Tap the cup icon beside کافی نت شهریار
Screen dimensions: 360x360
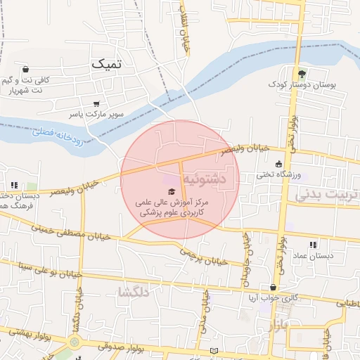point(26,70)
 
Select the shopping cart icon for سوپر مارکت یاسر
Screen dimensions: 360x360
point(96,103)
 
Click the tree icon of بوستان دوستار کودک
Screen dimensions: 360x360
point(302,73)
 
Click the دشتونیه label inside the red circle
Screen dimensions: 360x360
point(205,179)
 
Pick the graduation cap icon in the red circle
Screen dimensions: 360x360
point(172,191)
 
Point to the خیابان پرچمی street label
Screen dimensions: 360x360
point(203,256)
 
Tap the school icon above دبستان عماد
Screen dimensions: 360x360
point(313,245)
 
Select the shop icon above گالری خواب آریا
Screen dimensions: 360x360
point(273,287)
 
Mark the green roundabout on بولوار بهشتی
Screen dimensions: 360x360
point(75,342)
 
